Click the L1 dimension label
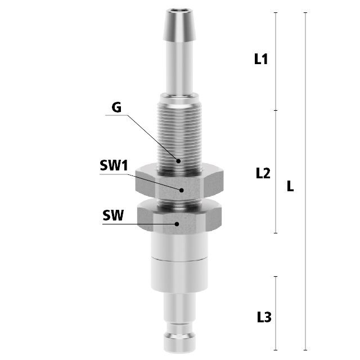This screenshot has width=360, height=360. tap(261, 58)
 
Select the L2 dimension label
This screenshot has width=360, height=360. tap(263, 173)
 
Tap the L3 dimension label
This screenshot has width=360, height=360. tap(264, 317)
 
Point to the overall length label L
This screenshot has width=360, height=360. tap(290, 186)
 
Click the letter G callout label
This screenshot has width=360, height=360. tap(116, 107)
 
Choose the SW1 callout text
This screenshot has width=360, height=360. tap(114, 165)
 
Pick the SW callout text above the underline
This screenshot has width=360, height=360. tap(113, 215)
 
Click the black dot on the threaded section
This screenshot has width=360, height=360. tap(178, 161)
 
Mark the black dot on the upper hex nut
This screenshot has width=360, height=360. tap(181, 190)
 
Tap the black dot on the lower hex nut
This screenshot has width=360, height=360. tap(177, 224)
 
